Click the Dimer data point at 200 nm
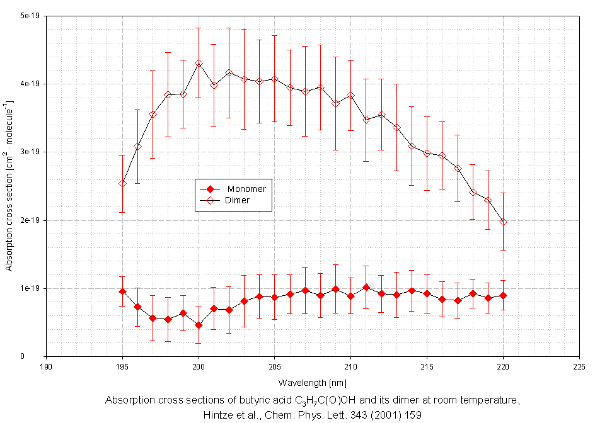199,63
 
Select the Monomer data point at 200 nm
199,325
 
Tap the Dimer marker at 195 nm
122,183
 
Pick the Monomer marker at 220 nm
503,295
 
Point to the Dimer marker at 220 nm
503,222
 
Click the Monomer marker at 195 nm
122,291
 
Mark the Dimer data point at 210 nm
351,95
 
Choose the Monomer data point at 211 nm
366,288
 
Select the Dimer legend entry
237,201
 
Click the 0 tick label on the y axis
38,356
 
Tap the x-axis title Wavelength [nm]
312,382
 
